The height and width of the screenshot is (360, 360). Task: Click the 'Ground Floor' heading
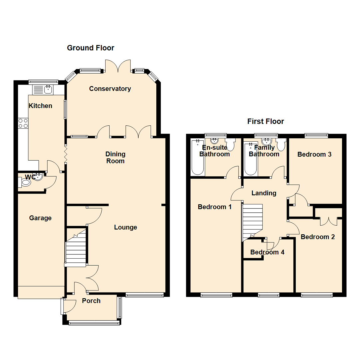click(90, 48)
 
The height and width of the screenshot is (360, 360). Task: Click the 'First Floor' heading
click(265, 121)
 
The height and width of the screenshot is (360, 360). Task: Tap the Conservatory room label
click(110, 89)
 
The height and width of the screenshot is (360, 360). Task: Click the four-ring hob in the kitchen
click(23, 123)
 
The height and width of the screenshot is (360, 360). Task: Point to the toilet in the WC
click(25, 182)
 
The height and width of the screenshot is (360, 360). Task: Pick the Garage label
click(40, 218)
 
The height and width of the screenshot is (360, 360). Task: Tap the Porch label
click(91, 301)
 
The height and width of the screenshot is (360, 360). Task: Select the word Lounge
click(125, 227)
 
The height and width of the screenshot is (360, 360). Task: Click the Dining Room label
click(115, 157)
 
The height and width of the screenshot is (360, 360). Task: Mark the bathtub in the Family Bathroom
click(251, 159)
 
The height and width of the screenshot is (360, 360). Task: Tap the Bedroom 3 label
click(314, 154)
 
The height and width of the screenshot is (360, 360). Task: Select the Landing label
click(264, 193)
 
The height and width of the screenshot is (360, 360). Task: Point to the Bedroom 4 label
click(267, 252)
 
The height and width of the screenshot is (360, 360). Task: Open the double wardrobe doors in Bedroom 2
click(328, 220)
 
